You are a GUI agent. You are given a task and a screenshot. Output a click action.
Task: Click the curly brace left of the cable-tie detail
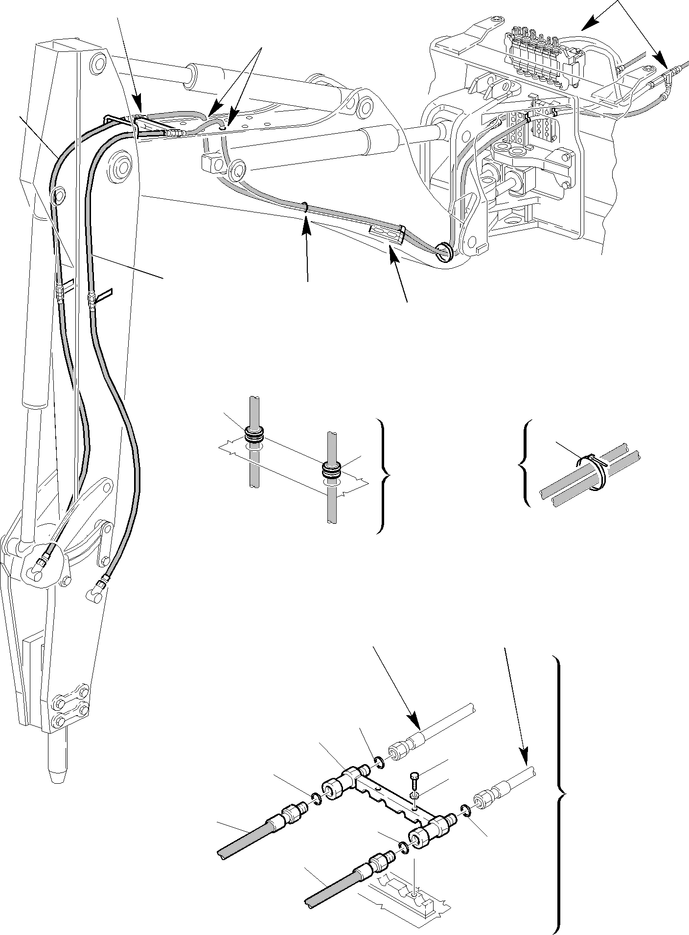(x=525, y=463)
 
